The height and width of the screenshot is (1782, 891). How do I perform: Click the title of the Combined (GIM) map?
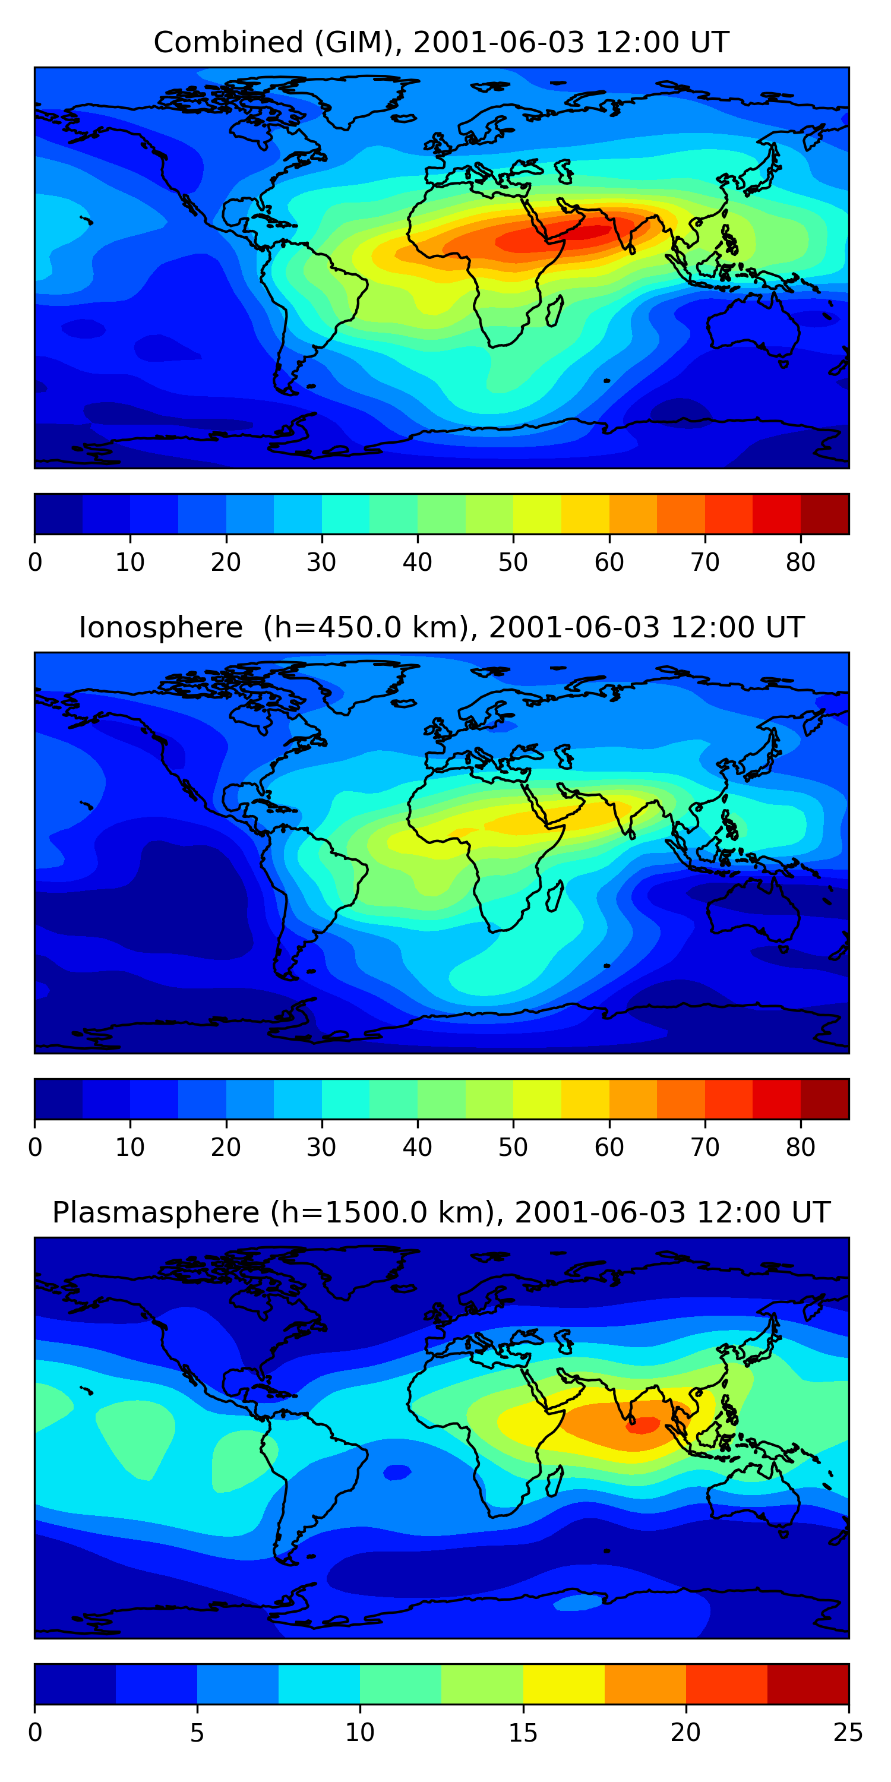[x=441, y=42]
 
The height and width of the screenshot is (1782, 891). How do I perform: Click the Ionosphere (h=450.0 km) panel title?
[x=441, y=627]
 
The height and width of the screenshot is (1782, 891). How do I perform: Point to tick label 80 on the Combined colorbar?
[x=800, y=563]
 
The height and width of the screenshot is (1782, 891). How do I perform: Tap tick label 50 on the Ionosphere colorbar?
[x=513, y=1148]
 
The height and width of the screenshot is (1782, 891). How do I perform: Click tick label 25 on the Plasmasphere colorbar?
[x=848, y=1733]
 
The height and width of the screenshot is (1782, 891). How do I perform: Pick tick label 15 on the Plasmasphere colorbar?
[x=523, y=1733]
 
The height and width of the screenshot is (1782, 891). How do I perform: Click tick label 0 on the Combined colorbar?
[x=35, y=563]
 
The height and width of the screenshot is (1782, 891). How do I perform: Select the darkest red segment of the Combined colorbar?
[x=824, y=514]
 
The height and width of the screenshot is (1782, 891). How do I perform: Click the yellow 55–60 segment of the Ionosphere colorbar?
[x=585, y=1098]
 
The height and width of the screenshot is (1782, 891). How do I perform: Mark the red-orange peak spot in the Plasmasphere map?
[x=643, y=1425]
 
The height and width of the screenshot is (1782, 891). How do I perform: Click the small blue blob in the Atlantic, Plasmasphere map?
[x=397, y=1473]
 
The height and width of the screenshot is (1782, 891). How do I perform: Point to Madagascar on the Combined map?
[x=555, y=311]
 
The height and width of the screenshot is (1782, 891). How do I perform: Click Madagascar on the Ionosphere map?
[x=555, y=896]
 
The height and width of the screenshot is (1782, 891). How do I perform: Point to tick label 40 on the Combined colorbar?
[x=417, y=563]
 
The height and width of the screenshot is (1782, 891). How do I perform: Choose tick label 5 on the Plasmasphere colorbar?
[x=197, y=1733]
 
